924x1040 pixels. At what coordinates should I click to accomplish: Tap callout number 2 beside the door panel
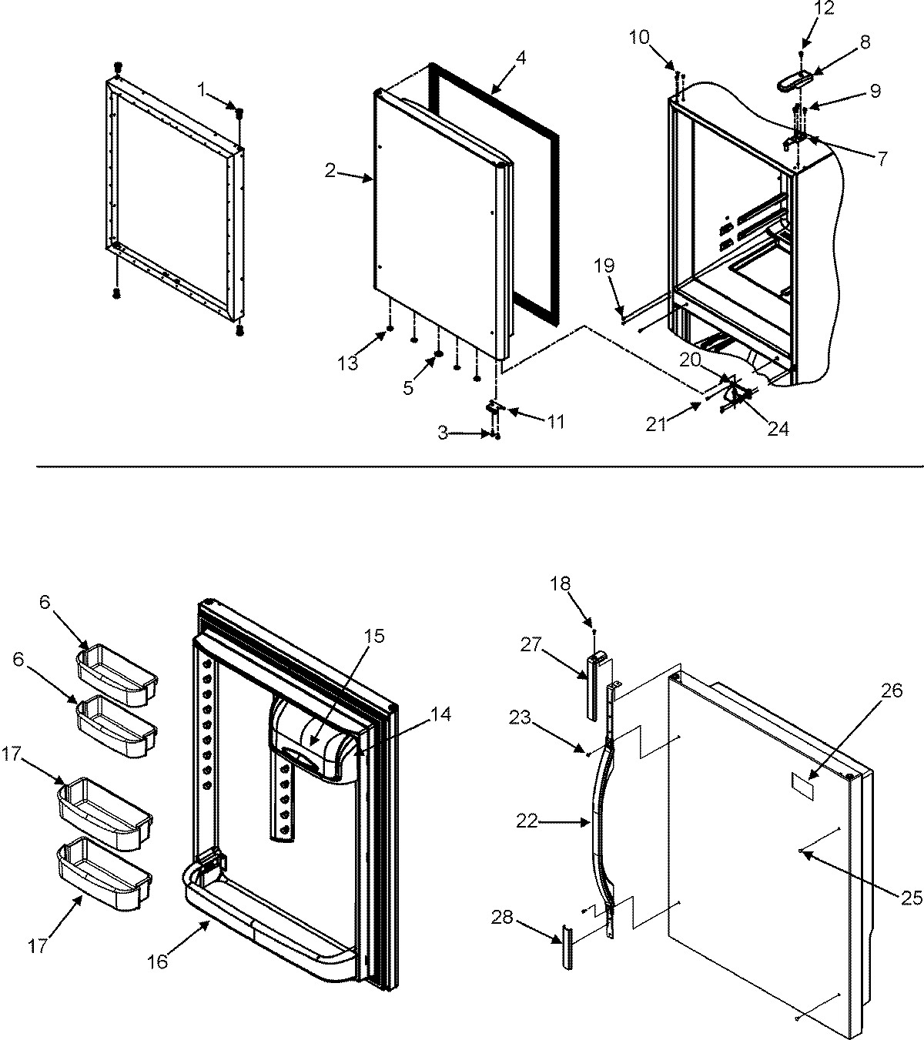pyautogui.click(x=330, y=171)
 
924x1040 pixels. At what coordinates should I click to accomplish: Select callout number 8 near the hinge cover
pyautogui.click(x=865, y=42)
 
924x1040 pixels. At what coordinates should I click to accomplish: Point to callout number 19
pyautogui.click(x=604, y=266)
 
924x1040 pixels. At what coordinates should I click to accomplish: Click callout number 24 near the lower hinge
pyautogui.click(x=778, y=429)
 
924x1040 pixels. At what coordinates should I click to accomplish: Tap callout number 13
pyautogui.click(x=348, y=363)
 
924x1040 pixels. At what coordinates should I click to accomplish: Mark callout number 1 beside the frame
pyautogui.click(x=202, y=90)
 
